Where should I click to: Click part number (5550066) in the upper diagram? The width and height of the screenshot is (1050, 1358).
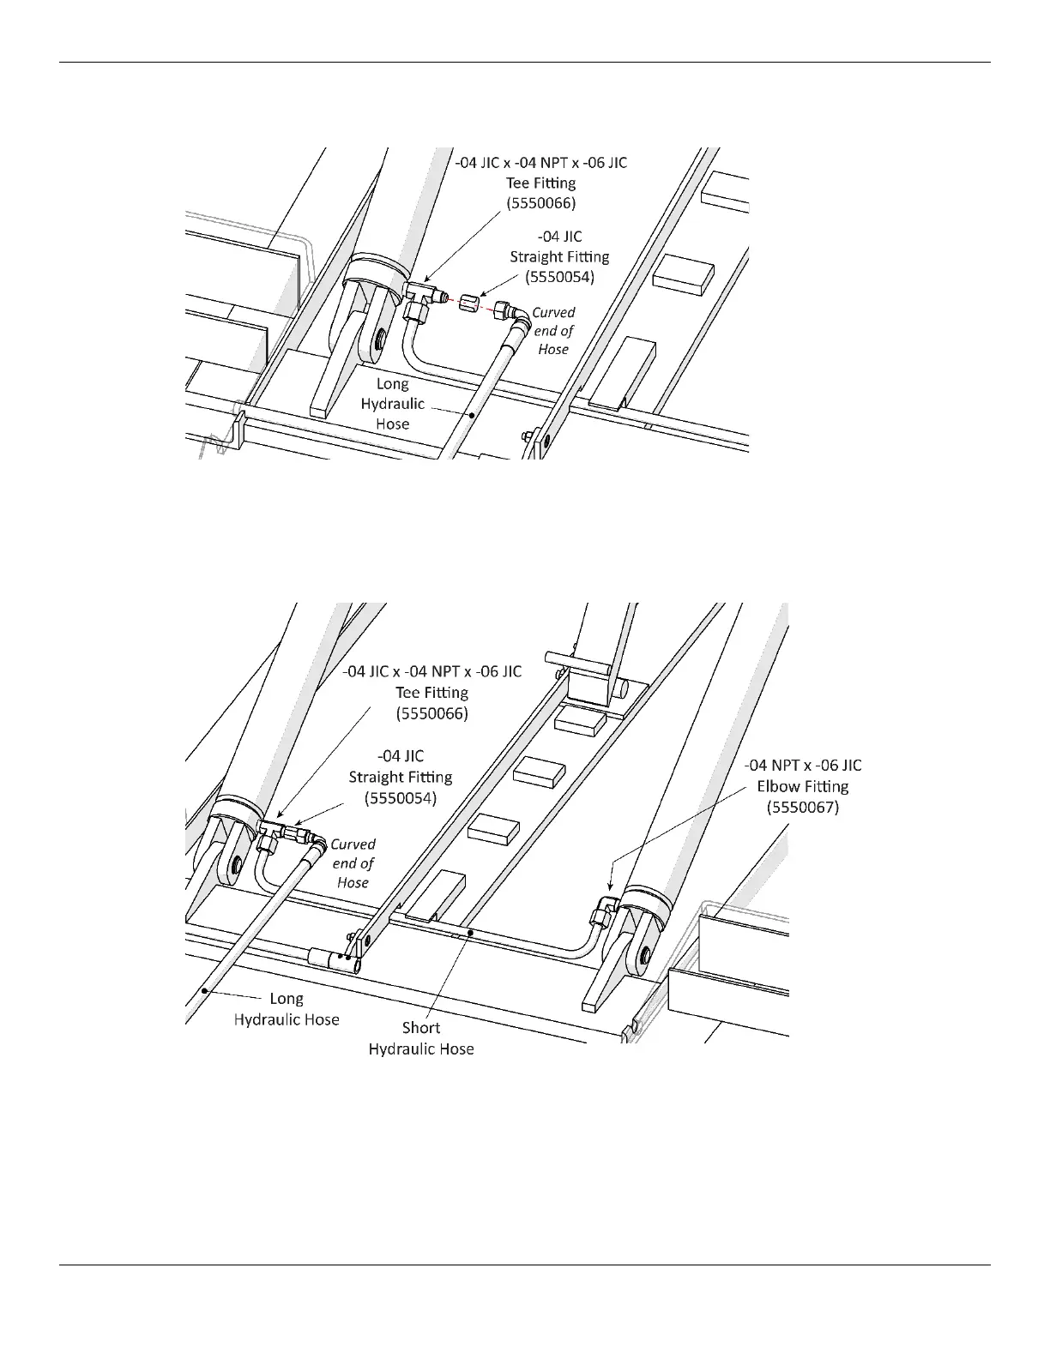(540, 203)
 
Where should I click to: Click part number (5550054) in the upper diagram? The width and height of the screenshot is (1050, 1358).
(559, 277)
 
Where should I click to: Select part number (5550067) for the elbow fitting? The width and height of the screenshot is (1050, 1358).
(803, 807)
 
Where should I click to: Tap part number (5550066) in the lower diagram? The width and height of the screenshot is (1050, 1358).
(431, 712)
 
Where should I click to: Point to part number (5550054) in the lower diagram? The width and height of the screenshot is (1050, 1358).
(401, 797)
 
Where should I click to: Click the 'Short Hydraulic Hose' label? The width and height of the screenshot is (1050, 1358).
(421, 1037)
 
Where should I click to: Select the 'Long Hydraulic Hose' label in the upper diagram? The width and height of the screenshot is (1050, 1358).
(392, 404)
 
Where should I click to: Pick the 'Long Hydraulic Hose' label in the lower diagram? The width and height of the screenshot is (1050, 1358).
(287, 1008)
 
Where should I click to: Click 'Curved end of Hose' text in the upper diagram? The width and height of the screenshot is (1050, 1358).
(553, 331)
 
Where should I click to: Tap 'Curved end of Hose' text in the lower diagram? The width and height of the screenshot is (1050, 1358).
(353, 863)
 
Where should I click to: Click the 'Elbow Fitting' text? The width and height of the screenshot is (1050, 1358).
(803, 786)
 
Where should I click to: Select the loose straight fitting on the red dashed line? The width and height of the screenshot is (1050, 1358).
(469, 303)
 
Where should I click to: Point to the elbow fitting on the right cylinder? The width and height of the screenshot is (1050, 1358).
(606, 905)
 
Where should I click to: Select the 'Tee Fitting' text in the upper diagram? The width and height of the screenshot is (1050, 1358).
(540, 183)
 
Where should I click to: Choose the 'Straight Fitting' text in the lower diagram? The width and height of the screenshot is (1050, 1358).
(401, 777)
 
